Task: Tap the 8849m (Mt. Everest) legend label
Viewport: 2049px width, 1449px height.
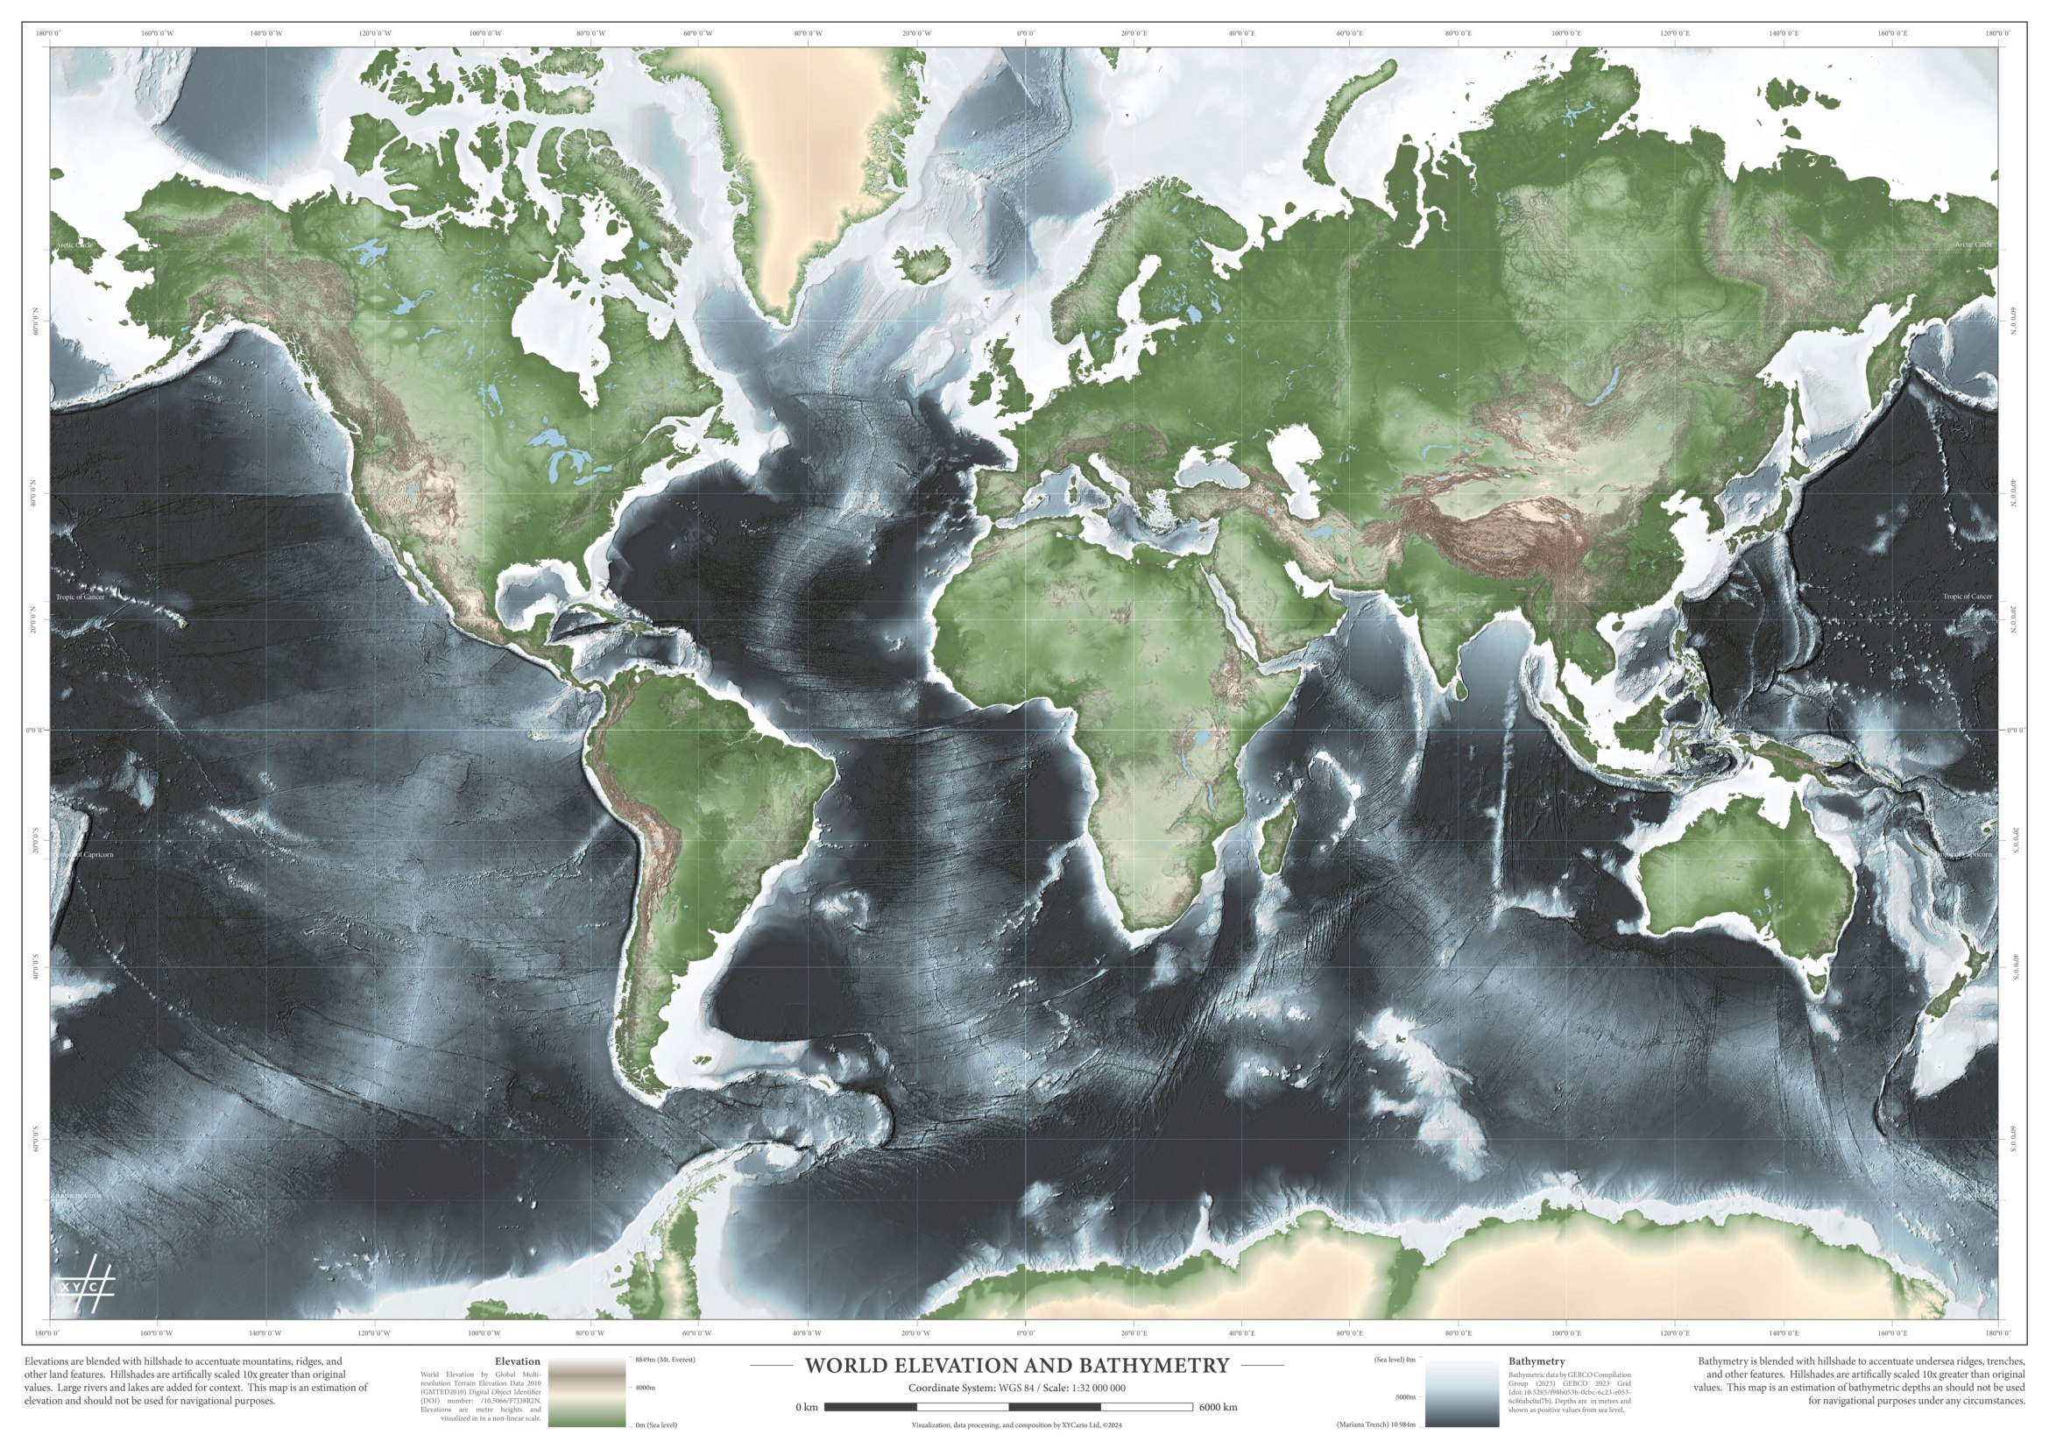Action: [665, 1359]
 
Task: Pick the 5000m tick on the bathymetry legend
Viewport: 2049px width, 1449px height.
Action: [1405, 1396]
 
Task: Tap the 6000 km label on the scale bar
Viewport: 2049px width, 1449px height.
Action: [1219, 1407]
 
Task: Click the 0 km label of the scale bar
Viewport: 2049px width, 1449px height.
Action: [806, 1407]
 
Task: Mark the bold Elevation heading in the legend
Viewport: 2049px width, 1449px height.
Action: [523, 1361]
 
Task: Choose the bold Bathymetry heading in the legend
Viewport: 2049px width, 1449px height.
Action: [1536, 1361]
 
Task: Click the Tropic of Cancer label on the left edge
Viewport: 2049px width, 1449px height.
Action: [81, 597]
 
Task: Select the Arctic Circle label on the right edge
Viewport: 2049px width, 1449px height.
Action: [1972, 244]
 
